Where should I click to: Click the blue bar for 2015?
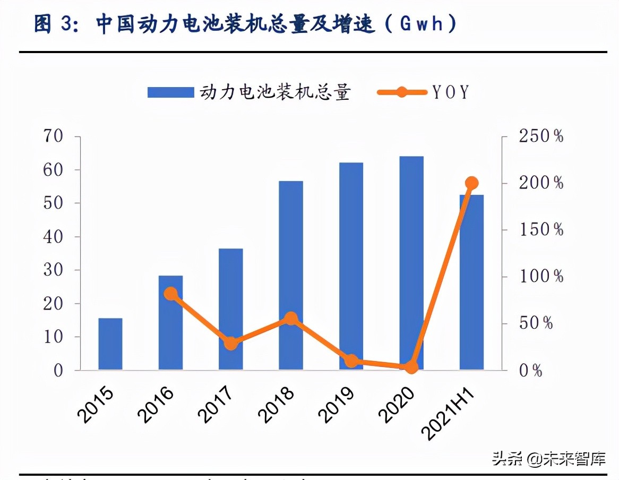pos(110,344)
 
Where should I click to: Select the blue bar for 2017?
pos(230,309)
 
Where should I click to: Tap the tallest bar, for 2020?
pos(411,263)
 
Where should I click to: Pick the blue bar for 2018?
pos(291,275)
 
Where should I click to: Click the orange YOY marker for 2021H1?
pos(471,184)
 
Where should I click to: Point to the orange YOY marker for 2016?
pos(170,294)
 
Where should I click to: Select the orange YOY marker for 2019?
pos(351,361)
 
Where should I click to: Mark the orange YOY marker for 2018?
pos(291,319)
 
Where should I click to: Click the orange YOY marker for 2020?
pos(411,367)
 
